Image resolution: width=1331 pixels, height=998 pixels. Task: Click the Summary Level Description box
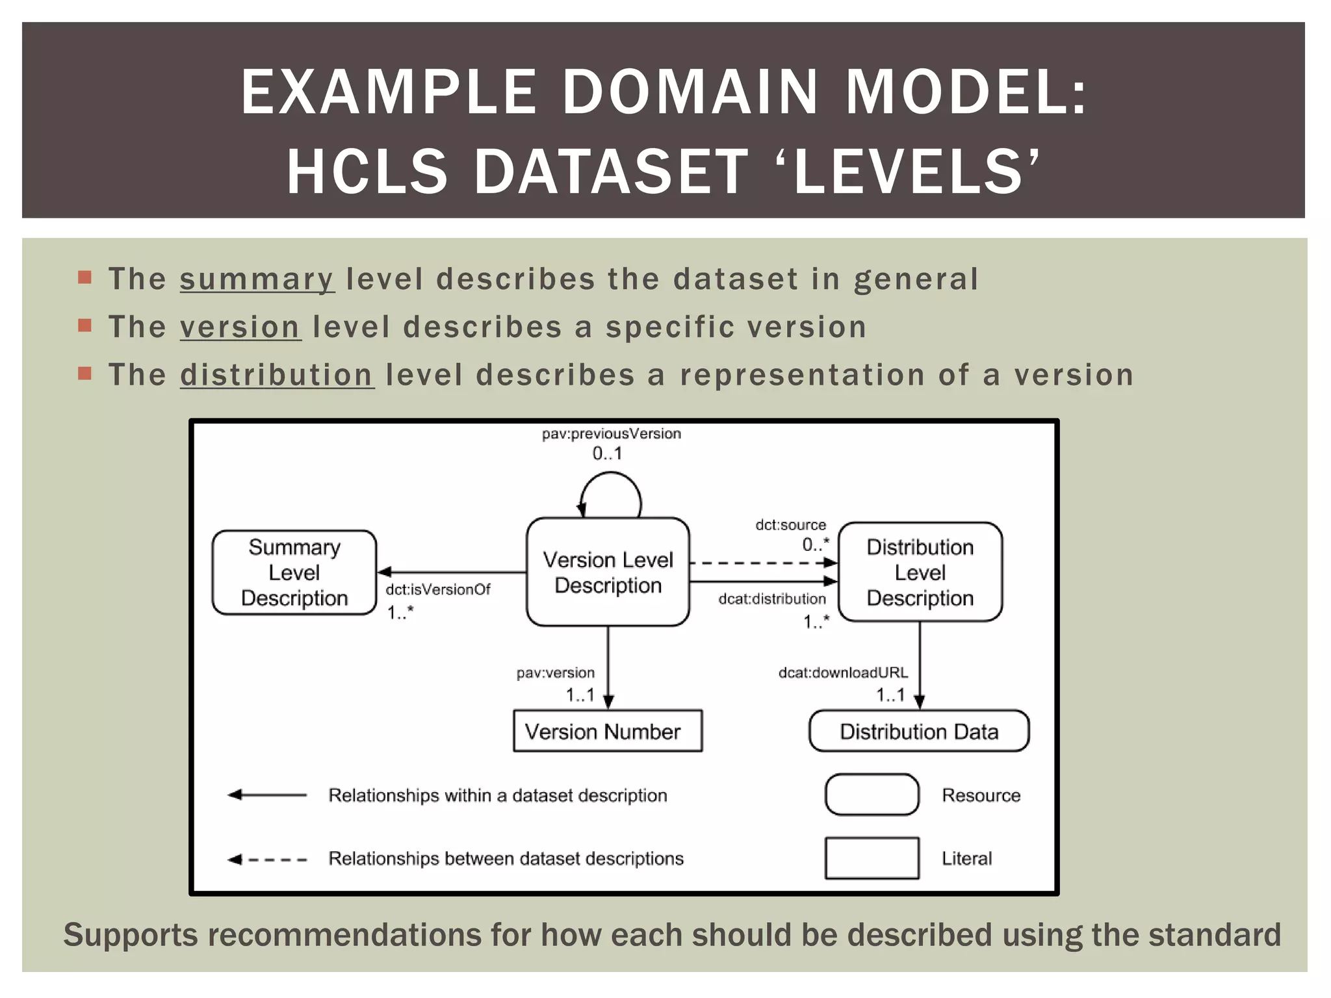tap(294, 572)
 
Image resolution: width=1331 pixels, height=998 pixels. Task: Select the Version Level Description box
tap(608, 572)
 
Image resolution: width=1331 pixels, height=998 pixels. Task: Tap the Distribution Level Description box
tap(920, 572)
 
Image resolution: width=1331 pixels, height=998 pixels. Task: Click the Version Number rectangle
tap(608, 731)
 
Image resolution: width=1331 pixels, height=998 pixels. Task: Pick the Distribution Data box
tap(918, 731)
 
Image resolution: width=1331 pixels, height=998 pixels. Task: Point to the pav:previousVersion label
tap(611, 433)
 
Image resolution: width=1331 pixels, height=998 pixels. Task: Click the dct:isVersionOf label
tap(437, 589)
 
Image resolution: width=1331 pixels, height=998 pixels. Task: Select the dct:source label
tap(790, 524)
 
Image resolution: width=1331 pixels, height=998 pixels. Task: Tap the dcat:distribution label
tap(771, 598)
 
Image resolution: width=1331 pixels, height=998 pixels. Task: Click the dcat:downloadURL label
tap(843, 672)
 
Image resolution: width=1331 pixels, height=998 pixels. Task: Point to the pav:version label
tap(555, 672)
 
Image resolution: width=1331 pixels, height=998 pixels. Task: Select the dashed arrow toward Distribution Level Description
tap(760, 563)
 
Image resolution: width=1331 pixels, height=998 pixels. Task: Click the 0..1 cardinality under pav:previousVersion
tap(607, 454)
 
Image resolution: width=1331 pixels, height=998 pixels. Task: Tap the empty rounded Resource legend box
tap(872, 794)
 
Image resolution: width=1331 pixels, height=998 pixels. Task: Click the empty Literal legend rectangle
tap(872, 858)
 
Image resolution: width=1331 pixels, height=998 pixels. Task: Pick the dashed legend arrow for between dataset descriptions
tap(267, 859)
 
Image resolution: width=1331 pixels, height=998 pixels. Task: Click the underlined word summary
tap(257, 279)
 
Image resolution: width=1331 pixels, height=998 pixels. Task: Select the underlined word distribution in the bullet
tap(276, 376)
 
